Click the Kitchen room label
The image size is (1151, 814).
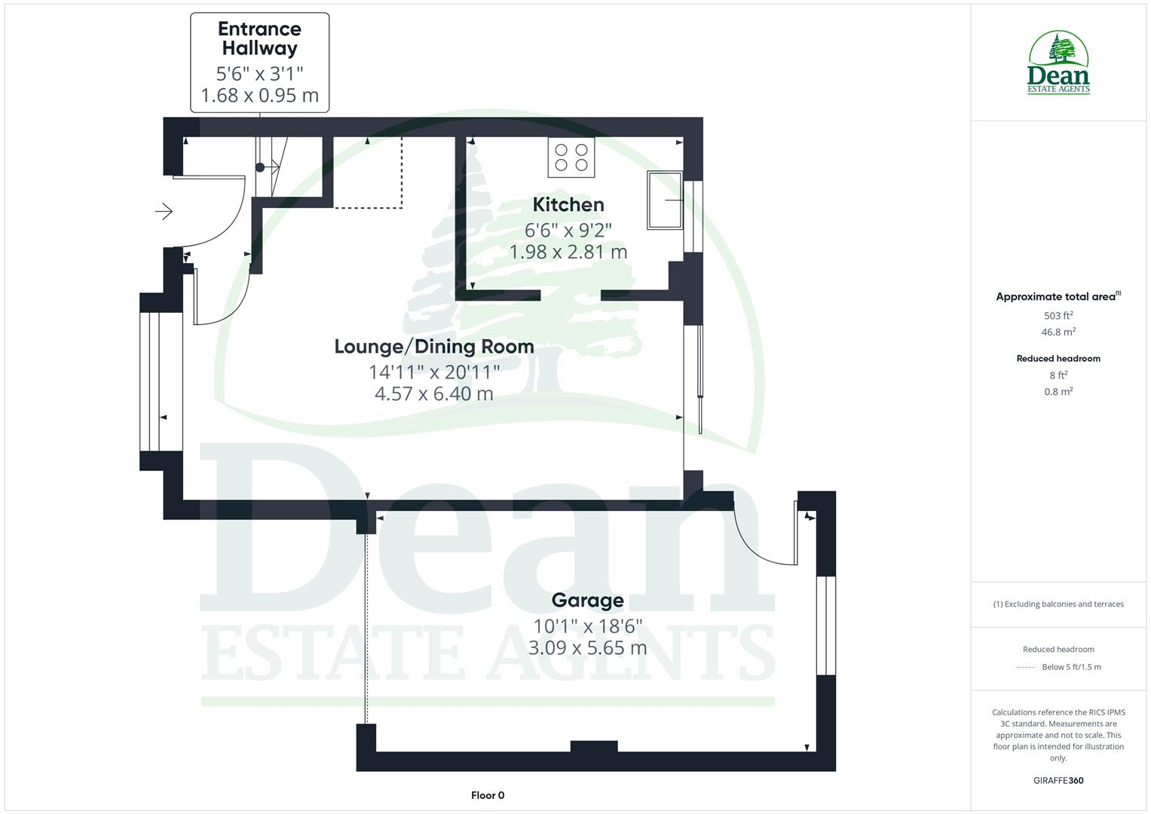pos(568,204)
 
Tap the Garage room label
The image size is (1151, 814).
pos(587,600)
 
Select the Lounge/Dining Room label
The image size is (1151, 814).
pos(433,347)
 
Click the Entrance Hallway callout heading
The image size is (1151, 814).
pos(259,38)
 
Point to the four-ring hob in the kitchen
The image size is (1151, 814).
pos(571,158)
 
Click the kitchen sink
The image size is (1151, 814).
pos(664,200)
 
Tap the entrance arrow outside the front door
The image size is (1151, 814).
pos(164,212)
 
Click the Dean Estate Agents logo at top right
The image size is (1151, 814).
pos(1058,63)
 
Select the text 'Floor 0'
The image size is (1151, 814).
pos(488,795)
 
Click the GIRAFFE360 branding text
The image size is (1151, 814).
pos(1058,780)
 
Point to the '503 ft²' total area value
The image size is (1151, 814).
pos(1058,316)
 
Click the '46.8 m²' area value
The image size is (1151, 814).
pos(1058,332)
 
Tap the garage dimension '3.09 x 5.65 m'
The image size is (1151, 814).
pos(587,647)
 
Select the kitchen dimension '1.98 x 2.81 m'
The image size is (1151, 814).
pos(568,252)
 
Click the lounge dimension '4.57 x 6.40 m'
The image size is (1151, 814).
pos(433,393)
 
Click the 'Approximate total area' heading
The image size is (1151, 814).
pos(1058,297)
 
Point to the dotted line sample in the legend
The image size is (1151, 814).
pos(1026,667)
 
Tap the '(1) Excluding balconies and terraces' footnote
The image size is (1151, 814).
pos(1058,604)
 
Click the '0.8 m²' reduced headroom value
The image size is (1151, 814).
pos(1058,391)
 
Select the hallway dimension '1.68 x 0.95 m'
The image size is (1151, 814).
pos(259,96)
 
